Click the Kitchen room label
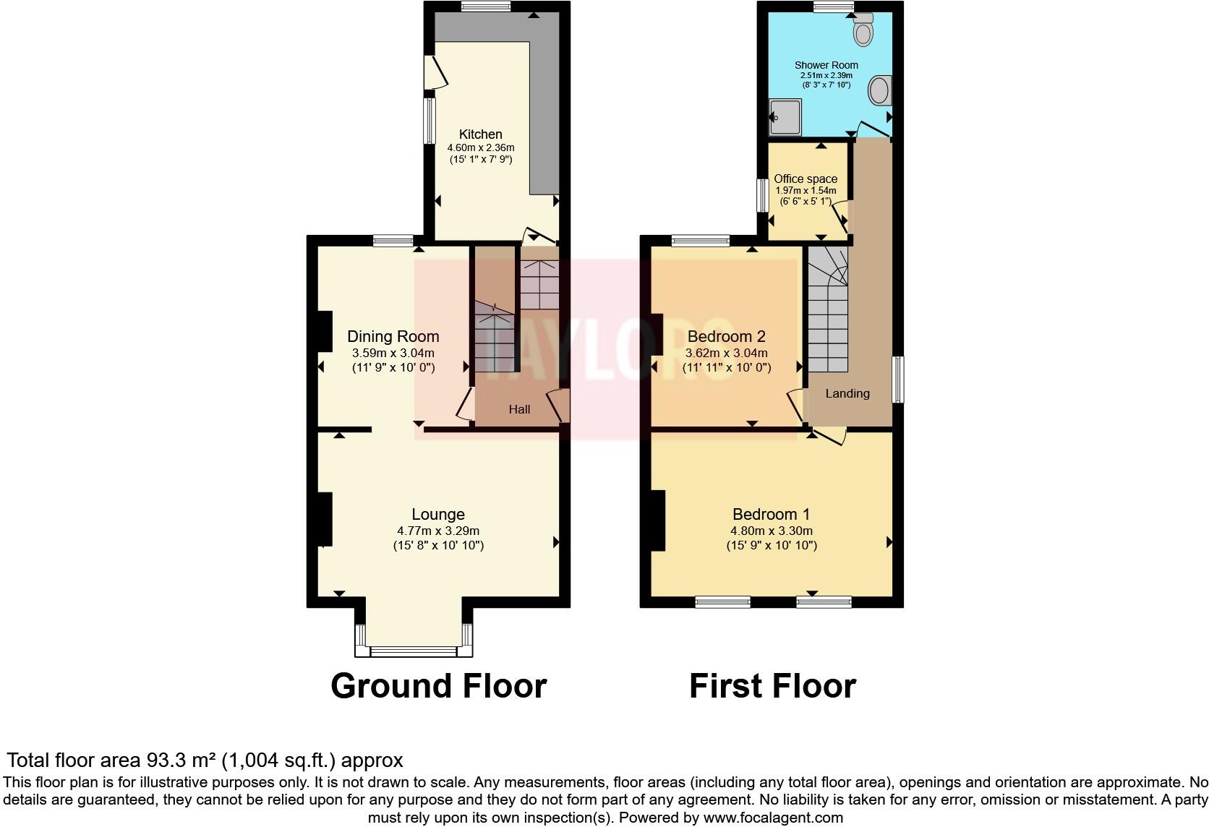tap(481, 134)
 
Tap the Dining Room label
tap(393, 336)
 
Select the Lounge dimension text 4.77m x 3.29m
tap(438, 531)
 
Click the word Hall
tap(519, 409)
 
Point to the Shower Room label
tap(826, 65)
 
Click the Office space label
tap(806, 179)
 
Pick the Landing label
tap(847, 393)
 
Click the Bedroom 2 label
tap(726, 336)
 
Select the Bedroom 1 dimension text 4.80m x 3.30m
tap(772, 531)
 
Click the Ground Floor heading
tap(438, 685)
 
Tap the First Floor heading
tap(772, 685)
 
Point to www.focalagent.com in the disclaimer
tap(773, 818)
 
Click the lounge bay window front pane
tap(414, 651)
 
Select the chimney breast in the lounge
tap(324, 519)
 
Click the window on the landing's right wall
tap(897, 379)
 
